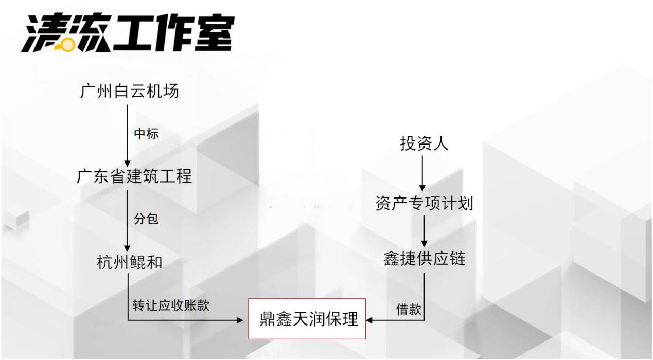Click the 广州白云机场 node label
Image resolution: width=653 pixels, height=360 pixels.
[x=130, y=91]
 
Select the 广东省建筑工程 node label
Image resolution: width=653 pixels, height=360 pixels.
[x=134, y=176]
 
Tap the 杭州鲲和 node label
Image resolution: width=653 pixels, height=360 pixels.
[x=130, y=262]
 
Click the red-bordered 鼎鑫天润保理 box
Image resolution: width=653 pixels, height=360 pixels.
[x=307, y=319]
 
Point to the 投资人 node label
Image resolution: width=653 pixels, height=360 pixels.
[x=424, y=143]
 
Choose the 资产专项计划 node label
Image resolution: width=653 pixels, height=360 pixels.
[x=424, y=203]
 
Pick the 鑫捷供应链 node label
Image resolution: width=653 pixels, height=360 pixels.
[x=425, y=258]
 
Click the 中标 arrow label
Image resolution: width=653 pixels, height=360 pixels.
[x=146, y=134]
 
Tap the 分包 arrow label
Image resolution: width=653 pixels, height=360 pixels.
[x=146, y=219]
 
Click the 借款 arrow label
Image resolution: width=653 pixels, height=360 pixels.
[x=409, y=309]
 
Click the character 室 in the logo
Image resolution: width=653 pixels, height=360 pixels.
[x=214, y=32]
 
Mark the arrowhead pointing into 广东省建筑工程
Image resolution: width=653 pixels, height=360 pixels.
[x=127, y=164]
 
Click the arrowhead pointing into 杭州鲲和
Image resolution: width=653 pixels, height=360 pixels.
[x=127, y=248]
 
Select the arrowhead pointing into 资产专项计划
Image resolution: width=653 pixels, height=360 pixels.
[x=422, y=188]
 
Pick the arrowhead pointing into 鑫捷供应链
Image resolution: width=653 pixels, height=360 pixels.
[x=425, y=243]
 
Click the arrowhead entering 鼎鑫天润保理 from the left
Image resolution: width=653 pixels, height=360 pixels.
[x=240, y=320]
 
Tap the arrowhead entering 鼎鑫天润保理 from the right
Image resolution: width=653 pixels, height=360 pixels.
[x=369, y=320]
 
